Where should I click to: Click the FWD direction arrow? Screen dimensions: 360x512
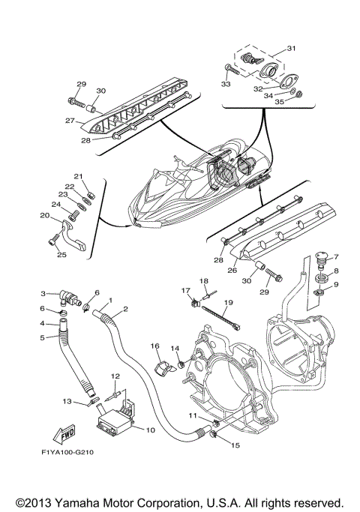pos(64,434)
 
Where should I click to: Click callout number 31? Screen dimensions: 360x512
pos(291,48)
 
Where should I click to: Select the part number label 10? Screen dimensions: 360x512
pos(150,430)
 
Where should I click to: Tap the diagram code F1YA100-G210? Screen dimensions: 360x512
pos(67,452)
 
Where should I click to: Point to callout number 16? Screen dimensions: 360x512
pos(154,346)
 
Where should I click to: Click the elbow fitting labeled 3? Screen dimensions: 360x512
pos(70,298)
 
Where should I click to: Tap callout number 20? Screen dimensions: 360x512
pos(44,215)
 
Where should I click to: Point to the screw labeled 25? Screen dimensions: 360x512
pos(55,240)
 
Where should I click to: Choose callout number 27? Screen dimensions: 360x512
pos(70,121)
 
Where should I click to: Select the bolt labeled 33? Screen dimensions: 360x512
pos(231,70)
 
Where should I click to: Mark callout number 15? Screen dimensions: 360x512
pos(235,445)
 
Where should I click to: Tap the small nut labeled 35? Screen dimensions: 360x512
pos(298,94)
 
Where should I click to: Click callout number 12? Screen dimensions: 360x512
pos(115,376)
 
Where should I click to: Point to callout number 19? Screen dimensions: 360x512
pos(229,302)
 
